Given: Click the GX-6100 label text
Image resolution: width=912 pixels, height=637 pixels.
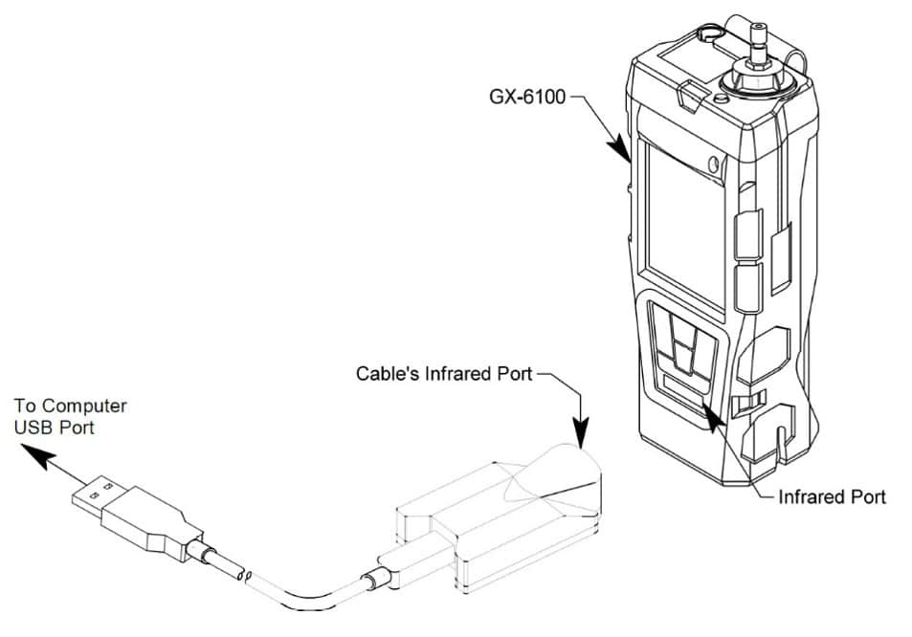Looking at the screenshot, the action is (x=527, y=97).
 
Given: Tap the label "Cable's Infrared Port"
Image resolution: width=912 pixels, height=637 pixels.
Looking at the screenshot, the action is (x=444, y=373).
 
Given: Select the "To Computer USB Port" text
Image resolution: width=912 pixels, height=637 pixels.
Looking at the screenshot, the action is (x=70, y=416).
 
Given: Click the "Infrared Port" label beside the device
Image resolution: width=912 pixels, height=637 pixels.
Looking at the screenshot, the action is (x=832, y=497).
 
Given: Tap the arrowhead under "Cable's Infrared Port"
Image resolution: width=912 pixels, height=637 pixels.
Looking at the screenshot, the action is (x=580, y=432).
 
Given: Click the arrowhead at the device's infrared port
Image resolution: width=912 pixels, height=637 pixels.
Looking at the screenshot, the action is (x=712, y=414).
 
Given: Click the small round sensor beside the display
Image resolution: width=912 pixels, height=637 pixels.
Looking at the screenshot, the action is (x=714, y=165).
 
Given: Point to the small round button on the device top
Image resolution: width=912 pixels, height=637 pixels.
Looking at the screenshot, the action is (x=722, y=99).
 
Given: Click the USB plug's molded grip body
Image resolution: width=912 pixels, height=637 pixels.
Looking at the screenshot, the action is (x=150, y=520).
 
